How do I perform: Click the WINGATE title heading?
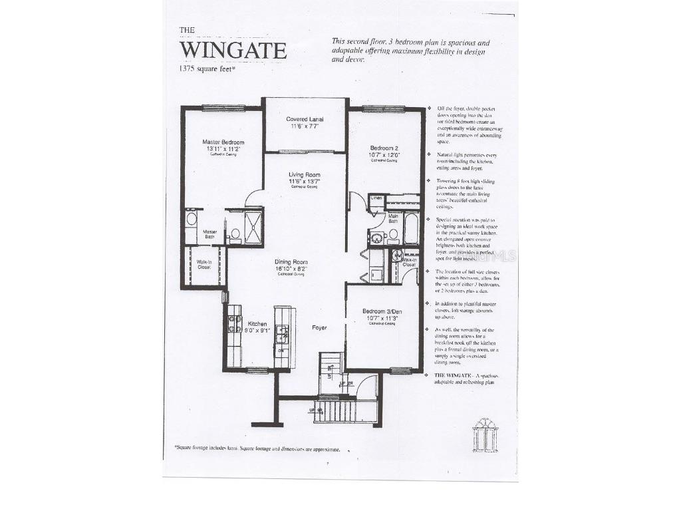(233, 51)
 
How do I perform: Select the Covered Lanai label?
(305, 122)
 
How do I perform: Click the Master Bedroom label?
(223, 146)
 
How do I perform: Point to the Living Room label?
(304, 178)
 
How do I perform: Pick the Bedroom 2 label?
(384, 151)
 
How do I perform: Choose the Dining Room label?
(294, 265)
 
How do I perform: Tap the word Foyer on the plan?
(321, 328)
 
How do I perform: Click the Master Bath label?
(211, 234)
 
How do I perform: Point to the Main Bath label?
(394, 217)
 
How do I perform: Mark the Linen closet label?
(376, 198)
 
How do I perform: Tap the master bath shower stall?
(253, 226)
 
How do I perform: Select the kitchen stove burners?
(235, 323)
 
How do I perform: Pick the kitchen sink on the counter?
(282, 333)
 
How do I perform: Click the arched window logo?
(485, 436)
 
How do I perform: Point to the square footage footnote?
(257, 449)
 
